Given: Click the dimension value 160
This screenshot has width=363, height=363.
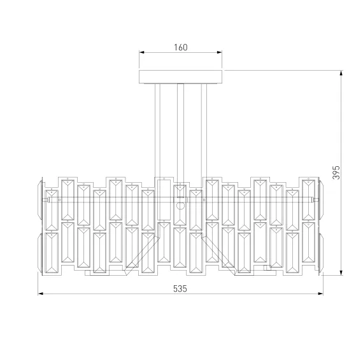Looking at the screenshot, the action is point(181,48).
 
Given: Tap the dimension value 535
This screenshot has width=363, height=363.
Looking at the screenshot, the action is point(180,289).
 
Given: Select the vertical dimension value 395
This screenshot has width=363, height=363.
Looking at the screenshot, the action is point(336,173).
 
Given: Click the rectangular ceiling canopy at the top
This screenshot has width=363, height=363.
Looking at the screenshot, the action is point(181,77).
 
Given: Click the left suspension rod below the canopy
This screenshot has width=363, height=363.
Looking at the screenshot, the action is point(157,131).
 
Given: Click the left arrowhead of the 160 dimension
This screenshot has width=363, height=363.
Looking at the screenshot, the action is point(141,52).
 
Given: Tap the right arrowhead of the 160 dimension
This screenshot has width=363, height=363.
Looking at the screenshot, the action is point(220,52).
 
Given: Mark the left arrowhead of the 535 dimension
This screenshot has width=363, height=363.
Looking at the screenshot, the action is point(41,294).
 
